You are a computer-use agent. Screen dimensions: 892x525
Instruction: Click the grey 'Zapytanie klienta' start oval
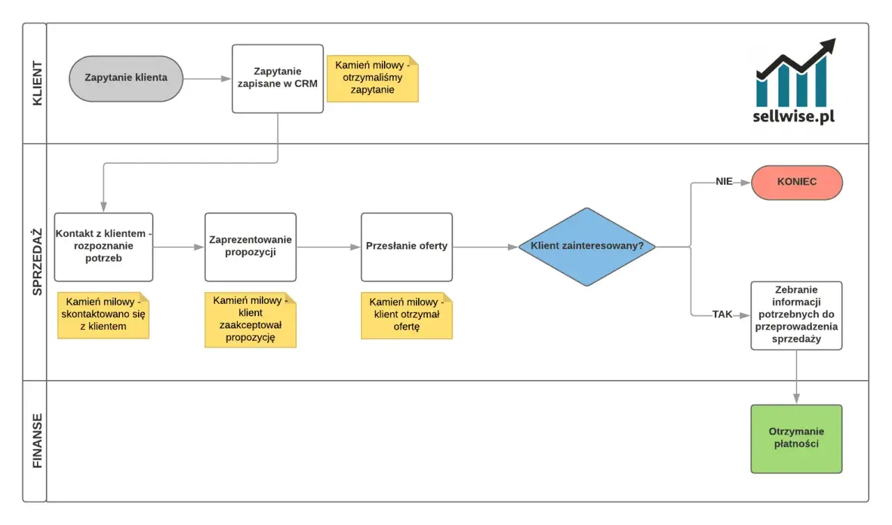[x=126, y=79]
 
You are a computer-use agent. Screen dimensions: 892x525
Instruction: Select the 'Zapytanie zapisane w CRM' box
[x=277, y=79]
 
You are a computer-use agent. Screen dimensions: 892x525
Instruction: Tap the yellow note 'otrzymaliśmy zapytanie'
[x=373, y=79]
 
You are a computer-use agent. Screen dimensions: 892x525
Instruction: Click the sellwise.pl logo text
[x=794, y=116]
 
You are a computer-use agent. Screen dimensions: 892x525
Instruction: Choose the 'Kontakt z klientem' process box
[x=104, y=247]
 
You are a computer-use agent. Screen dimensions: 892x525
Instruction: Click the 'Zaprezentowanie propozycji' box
[x=250, y=247]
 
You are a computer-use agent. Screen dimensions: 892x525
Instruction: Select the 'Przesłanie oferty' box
[x=406, y=247]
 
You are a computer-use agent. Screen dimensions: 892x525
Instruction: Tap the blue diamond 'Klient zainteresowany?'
[x=587, y=247]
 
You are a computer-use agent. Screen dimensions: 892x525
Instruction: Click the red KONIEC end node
[x=797, y=183]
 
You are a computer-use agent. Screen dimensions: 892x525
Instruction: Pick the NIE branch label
[x=724, y=182]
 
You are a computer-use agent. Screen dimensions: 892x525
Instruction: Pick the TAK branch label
[x=723, y=314]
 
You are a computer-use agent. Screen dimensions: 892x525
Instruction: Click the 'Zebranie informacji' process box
[x=797, y=315]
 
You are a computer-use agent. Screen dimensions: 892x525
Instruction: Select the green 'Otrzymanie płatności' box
[x=797, y=439]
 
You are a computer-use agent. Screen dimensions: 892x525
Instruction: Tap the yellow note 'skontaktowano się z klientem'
[x=103, y=315]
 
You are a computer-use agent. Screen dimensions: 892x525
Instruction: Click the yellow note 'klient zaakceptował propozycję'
[x=250, y=320]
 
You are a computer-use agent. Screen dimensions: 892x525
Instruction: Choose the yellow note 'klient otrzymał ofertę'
[x=406, y=315]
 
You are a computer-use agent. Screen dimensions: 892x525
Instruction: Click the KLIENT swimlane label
[x=37, y=83]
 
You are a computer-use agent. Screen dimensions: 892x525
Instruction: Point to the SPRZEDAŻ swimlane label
[x=37, y=261]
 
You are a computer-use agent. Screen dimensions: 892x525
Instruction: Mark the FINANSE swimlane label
[x=37, y=441]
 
